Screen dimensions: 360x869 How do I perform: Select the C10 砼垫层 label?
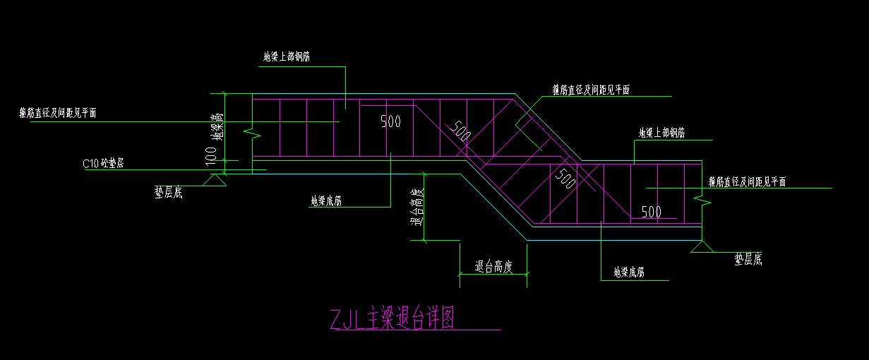coord(103,164)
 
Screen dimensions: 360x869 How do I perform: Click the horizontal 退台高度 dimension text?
coord(493,266)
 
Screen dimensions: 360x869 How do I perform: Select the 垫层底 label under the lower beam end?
coord(748,260)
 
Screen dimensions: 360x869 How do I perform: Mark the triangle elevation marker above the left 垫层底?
coord(212,181)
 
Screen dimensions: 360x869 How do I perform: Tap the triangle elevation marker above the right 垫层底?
coord(702,246)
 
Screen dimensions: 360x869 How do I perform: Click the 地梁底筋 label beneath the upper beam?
coord(326,201)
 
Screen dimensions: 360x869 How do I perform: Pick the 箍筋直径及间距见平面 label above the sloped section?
coord(590,90)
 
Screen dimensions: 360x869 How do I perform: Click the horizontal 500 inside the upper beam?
coord(390,121)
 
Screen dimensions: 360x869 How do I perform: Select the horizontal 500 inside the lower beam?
coord(651,212)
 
